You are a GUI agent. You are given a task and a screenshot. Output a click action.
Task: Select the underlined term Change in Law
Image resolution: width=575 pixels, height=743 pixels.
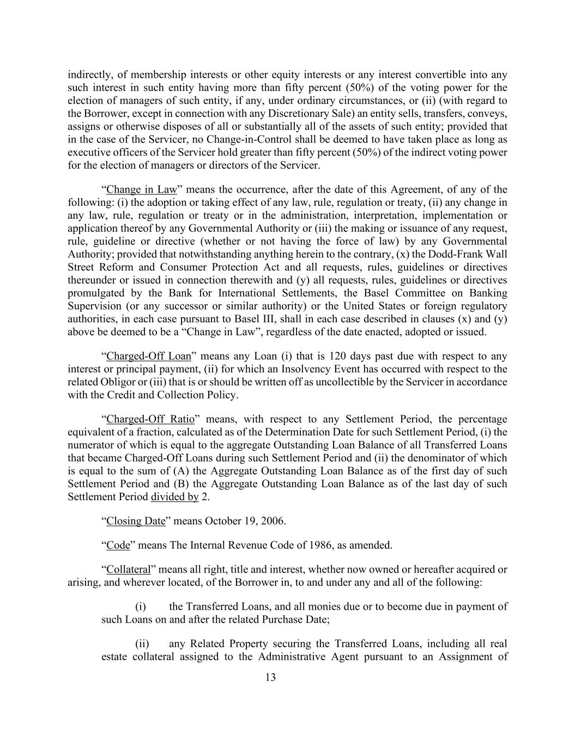coord(142,189)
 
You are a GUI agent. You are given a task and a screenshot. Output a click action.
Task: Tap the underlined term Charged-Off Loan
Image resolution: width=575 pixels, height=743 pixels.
coord(149,356)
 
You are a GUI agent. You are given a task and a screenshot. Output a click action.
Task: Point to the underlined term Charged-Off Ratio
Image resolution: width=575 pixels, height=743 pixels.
coord(150,419)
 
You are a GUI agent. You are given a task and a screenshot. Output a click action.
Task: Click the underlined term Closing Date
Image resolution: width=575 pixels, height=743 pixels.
coord(136,521)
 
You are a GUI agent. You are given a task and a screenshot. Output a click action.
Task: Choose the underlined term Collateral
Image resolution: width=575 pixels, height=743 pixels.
coord(128,569)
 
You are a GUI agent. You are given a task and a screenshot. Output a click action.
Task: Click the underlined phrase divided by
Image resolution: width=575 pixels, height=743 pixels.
coord(174,497)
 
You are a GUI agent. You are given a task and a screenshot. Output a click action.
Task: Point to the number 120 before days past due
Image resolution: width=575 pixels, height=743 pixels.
coord(337,356)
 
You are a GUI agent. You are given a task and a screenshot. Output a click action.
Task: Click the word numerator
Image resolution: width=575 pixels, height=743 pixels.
coord(90,445)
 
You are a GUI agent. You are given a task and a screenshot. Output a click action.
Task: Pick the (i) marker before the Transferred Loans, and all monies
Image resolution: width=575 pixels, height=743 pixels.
coord(140,606)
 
